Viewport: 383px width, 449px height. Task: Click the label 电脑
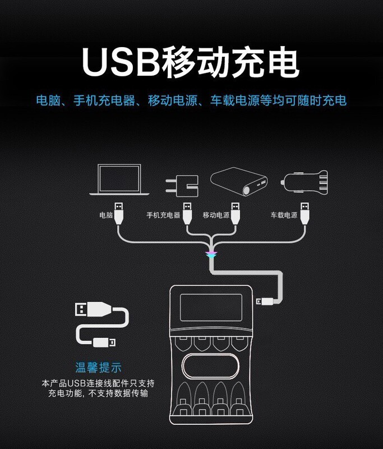point(106,215)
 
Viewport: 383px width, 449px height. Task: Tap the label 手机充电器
point(163,215)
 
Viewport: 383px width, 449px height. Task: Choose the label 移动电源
point(216,215)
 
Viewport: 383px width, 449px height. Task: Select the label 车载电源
point(284,215)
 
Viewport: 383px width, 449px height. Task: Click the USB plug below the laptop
point(119,214)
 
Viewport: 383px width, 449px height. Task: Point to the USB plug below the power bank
point(235,214)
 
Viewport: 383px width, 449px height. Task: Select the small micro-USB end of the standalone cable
point(104,341)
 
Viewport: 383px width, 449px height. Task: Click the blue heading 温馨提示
point(99,368)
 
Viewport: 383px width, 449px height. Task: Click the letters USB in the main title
point(118,63)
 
